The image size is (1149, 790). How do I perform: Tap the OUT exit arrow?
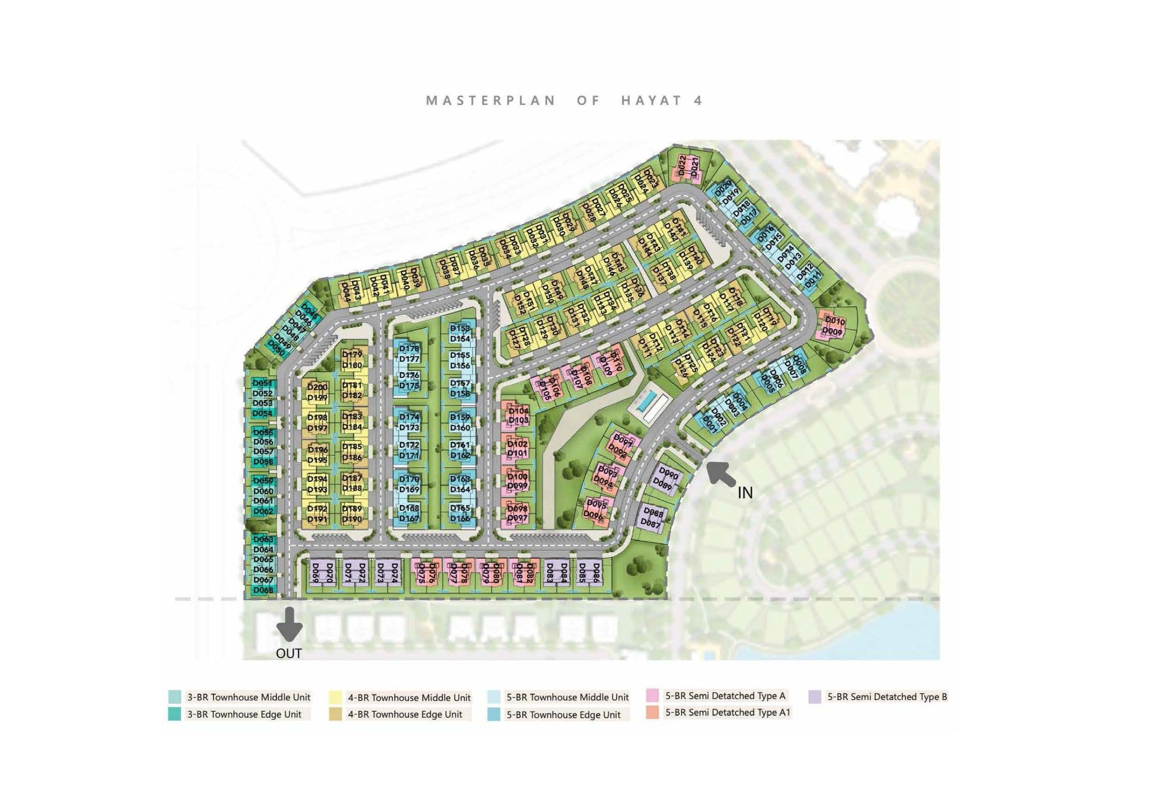[x=289, y=624]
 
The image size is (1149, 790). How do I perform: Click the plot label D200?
[x=317, y=387]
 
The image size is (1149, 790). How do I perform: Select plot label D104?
[x=518, y=411]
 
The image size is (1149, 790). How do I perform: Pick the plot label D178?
[x=409, y=348]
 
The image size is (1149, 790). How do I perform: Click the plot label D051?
[x=262, y=383]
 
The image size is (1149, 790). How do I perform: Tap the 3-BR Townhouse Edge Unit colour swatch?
[x=174, y=714]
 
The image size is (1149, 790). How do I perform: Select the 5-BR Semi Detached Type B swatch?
[x=815, y=697]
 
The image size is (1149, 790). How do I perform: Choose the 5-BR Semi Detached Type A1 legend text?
[x=728, y=712]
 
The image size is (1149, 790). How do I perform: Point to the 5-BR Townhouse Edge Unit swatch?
[x=493, y=714]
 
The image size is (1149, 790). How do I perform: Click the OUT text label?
[x=289, y=653]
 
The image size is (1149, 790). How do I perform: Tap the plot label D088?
[x=655, y=514]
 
